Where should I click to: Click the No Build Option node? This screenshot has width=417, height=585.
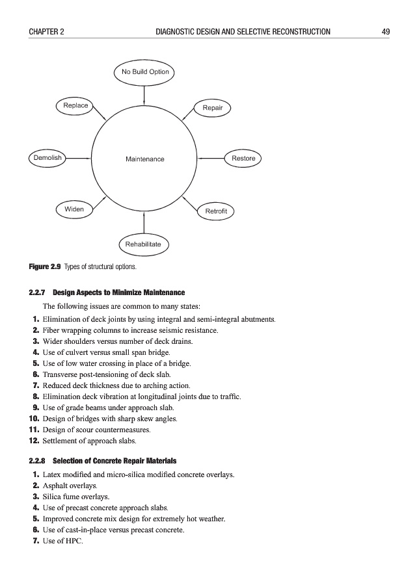[x=145, y=71]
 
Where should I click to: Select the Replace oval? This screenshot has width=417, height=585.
[x=75, y=105]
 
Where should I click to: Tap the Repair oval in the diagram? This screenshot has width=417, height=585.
[x=213, y=107]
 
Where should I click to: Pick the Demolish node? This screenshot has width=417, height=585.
[x=47, y=158]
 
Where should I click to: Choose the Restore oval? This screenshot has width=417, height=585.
[x=243, y=158]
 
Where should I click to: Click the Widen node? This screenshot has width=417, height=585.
[x=74, y=209]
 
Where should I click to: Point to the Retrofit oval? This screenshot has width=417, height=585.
[x=215, y=211]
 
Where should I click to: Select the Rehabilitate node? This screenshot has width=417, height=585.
[x=143, y=244]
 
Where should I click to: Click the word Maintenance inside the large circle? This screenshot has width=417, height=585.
[x=145, y=159]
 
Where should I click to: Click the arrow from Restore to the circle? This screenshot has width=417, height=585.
[x=211, y=158]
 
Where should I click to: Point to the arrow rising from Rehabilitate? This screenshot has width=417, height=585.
[x=143, y=224]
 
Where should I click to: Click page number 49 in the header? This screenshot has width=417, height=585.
[x=386, y=31]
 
